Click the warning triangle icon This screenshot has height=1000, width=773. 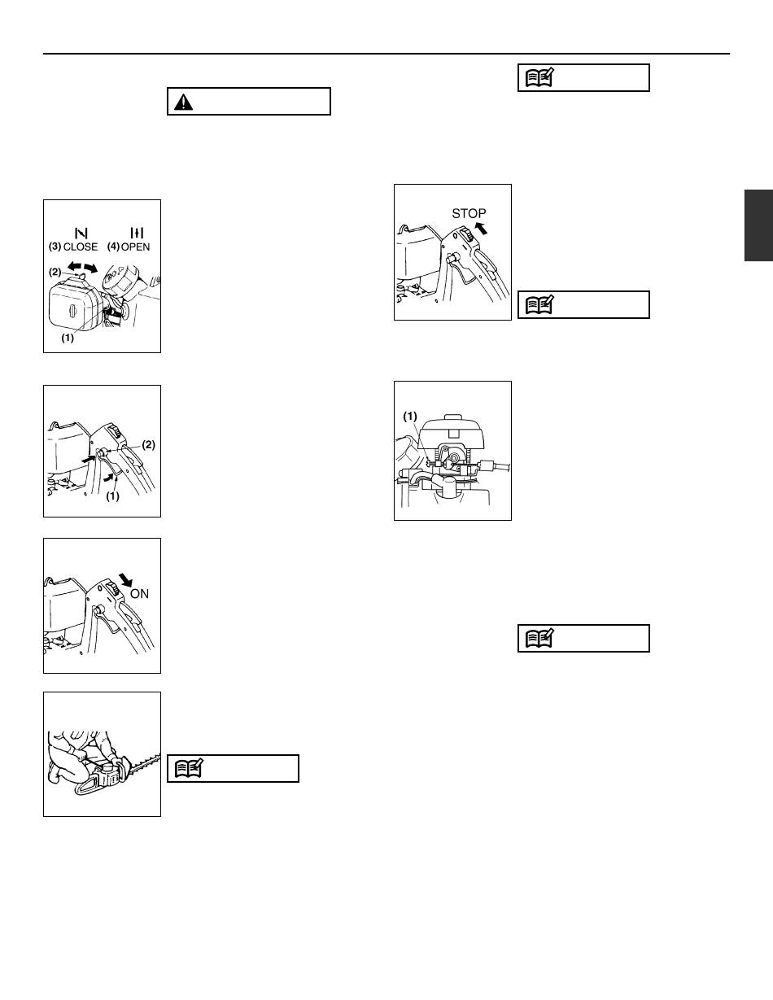(183, 102)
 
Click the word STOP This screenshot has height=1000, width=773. (469, 213)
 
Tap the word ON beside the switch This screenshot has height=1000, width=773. (139, 594)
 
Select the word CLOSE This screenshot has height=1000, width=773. (81, 247)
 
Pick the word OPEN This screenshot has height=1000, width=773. (135, 247)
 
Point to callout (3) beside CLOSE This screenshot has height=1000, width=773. (55, 247)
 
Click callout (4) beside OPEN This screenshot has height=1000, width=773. (113, 247)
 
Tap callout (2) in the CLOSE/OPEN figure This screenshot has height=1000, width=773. (55, 272)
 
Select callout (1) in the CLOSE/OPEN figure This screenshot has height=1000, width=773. (68, 338)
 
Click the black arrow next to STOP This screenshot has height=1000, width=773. (480, 227)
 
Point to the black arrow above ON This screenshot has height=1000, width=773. (125, 580)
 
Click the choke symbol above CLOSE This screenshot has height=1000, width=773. (81, 233)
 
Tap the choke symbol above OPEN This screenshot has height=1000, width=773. (137, 233)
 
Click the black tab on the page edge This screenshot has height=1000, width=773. (758, 225)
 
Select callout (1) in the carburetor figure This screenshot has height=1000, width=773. (409, 417)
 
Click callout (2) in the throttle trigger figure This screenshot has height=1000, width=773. (148, 445)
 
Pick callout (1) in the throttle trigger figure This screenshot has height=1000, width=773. (113, 496)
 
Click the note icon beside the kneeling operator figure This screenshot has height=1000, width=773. (189, 769)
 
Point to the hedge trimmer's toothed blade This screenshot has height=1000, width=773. (146, 762)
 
